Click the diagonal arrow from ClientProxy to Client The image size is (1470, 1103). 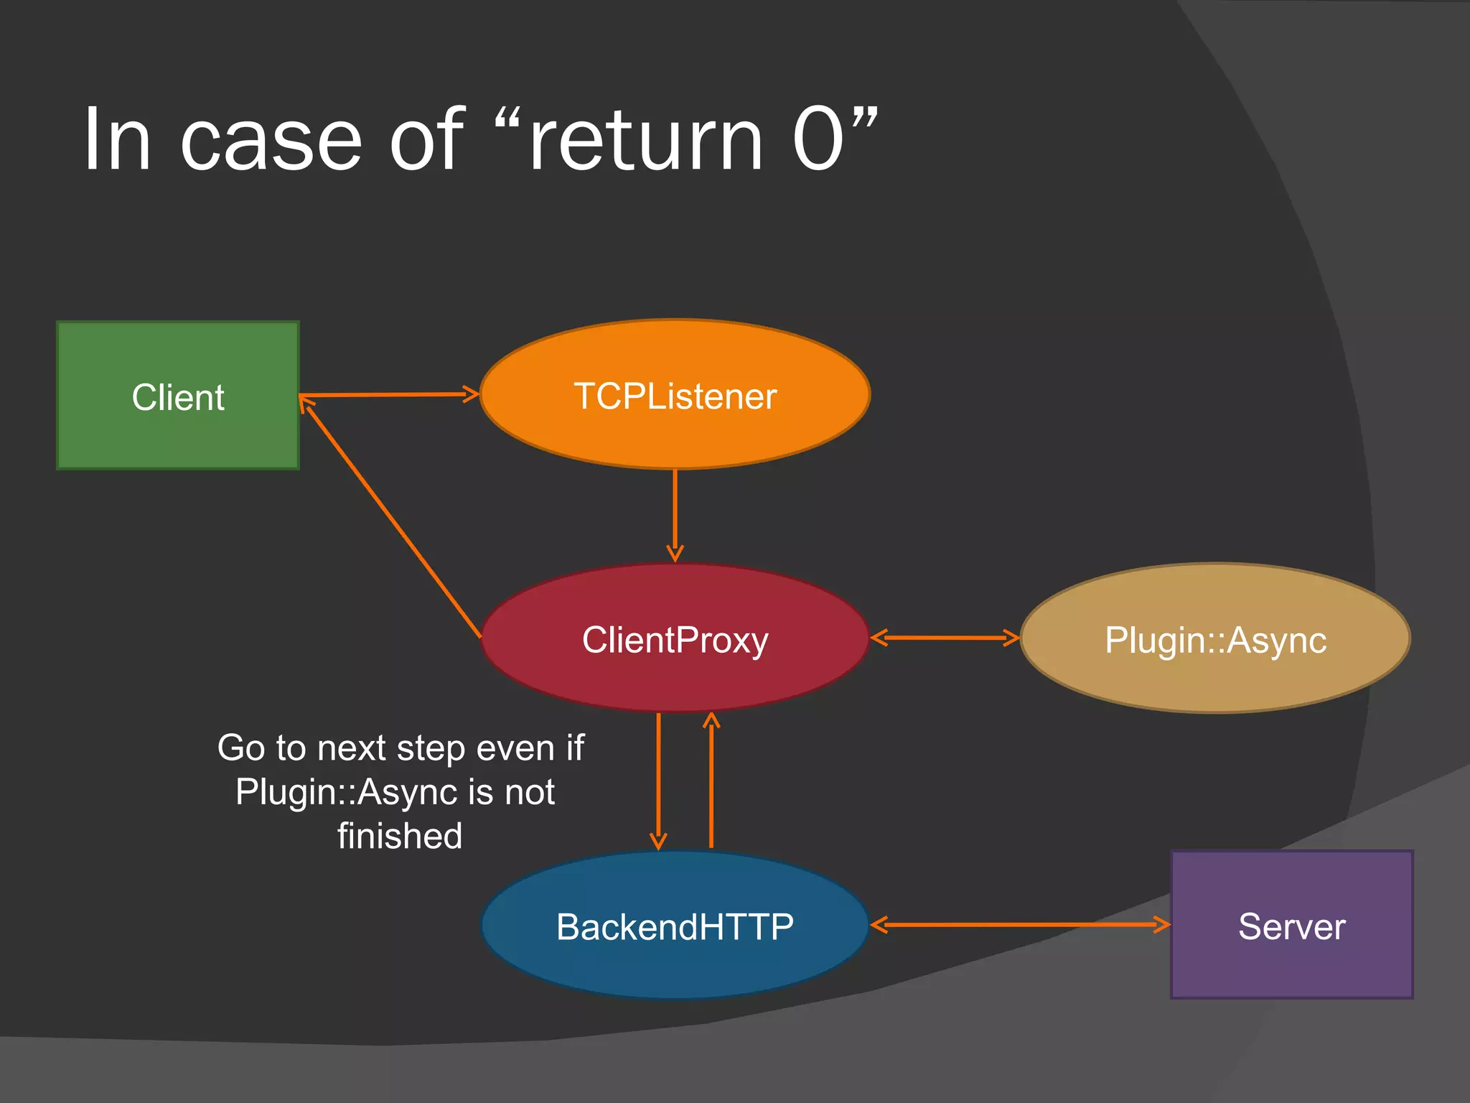391,518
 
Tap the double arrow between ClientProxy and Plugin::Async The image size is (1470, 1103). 945,638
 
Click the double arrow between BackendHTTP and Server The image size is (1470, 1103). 1019,925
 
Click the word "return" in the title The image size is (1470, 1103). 646,140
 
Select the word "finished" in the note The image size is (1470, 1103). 400,836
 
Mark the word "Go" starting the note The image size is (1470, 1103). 242,748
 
